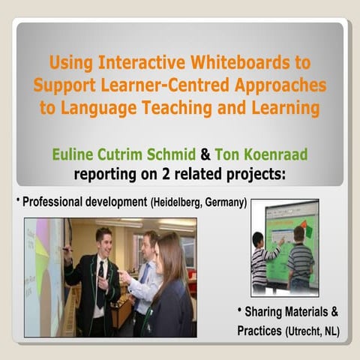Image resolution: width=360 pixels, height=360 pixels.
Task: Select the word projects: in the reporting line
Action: pyautogui.click(x=268, y=175)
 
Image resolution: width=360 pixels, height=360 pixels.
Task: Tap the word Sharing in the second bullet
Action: pyautogui.click(x=268, y=311)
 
